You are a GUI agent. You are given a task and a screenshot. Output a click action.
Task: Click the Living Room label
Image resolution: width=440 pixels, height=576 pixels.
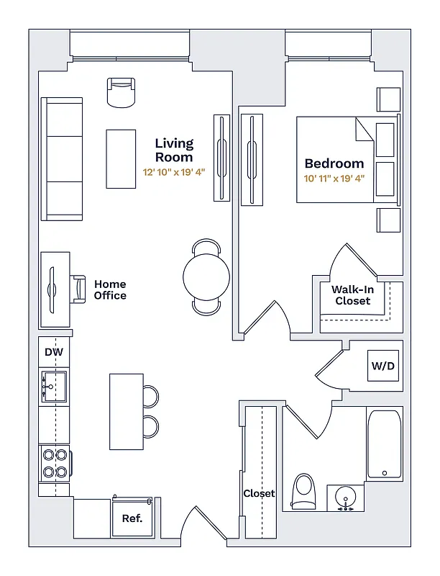(174, 150)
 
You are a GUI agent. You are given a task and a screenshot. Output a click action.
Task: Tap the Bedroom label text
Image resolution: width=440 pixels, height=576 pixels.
(334, 163)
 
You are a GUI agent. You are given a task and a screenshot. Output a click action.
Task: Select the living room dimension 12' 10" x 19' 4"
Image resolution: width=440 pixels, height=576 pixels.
(174, 173)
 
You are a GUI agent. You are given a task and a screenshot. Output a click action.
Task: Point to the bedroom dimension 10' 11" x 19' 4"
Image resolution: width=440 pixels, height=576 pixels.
(334, 177)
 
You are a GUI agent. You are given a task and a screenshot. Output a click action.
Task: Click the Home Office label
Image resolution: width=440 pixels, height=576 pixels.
(110, 289)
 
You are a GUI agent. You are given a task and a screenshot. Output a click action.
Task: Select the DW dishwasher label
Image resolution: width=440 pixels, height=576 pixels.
(54, 352)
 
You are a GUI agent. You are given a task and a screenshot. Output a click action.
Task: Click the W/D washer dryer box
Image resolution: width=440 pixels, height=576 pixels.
(382, 366)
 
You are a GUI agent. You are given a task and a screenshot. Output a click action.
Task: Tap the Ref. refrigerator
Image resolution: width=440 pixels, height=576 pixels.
(132, 518)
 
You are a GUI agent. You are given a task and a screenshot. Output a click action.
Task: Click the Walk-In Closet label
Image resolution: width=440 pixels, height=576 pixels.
(352, 295)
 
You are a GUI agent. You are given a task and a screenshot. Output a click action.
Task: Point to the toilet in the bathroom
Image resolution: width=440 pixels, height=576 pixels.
(303, 491)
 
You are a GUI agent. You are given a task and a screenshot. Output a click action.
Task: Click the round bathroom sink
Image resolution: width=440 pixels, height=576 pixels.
(346, 498)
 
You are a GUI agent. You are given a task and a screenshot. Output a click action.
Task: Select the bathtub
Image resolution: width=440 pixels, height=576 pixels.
(384, 444)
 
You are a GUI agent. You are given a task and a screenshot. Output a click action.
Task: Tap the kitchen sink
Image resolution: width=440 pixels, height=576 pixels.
(53, 386)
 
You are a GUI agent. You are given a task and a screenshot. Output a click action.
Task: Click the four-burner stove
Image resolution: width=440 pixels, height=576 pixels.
(55, 463)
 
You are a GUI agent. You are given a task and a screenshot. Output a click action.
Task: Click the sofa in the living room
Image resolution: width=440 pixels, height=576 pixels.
(61, 159)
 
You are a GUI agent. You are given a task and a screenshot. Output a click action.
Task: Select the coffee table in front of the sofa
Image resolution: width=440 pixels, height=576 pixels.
(121, 158)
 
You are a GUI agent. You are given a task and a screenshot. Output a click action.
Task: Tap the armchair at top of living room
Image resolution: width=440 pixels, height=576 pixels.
(122, 92)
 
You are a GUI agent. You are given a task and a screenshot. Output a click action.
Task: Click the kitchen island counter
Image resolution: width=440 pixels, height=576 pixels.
(126, 410)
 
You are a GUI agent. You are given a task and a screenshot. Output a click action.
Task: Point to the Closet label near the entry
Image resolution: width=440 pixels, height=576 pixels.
(259, 494)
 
